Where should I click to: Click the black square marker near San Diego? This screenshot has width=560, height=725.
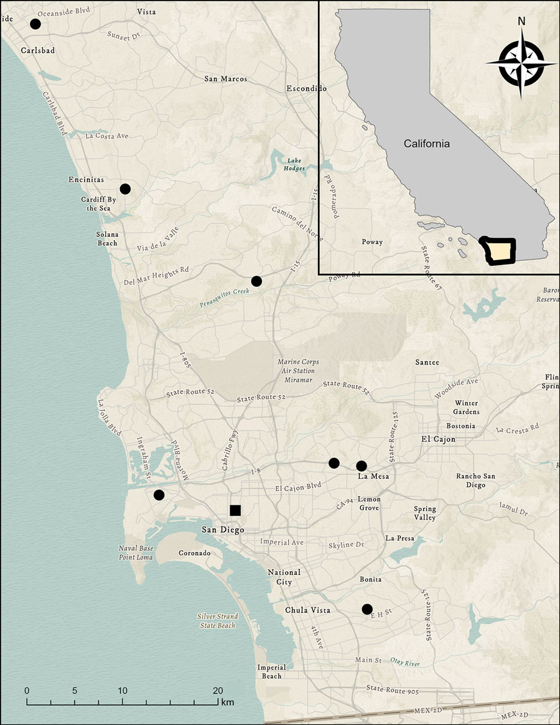coord(235,510)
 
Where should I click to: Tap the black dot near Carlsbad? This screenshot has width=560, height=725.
coord(35,24)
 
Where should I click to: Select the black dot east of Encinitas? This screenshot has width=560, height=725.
coord(125,189)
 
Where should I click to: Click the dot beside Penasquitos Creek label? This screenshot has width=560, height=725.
coord(256,281)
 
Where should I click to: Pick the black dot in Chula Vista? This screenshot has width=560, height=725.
coord(367,609)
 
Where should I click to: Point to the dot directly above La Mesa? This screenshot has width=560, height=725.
coord(362,465)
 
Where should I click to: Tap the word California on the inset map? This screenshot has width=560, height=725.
coord(426,144)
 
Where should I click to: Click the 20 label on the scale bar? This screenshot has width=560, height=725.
coord(218,691)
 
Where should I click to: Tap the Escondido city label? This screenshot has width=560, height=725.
coord(302,88)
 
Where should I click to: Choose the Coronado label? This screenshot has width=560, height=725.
coord(195,553)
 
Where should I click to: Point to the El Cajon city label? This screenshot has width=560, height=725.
coord(438,439)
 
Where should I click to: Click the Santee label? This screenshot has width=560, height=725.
coord(427,362)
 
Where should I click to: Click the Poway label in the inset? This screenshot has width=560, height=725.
coord(372,241)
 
